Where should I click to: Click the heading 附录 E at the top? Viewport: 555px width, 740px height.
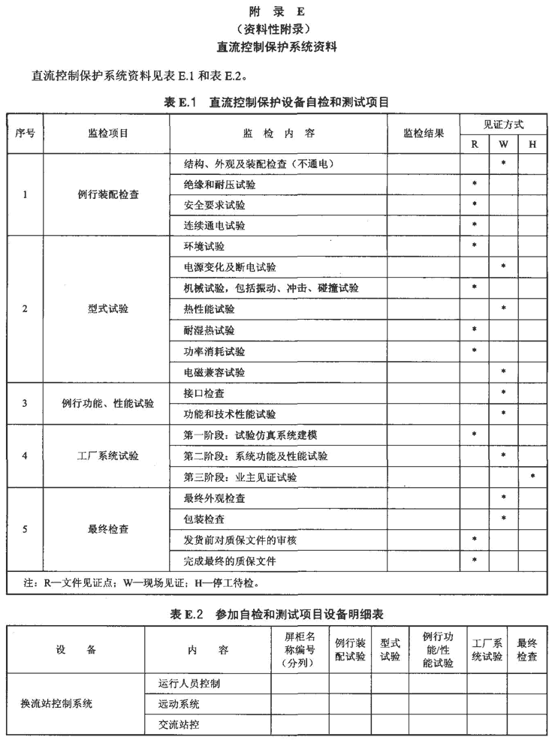pos(277,11)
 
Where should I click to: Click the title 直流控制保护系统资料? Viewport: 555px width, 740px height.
pos(277,47)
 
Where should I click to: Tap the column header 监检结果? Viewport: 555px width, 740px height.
pos(423,133)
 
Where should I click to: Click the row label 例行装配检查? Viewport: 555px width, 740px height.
pos(107,194)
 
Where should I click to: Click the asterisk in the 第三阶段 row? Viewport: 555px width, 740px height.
pos(532,477)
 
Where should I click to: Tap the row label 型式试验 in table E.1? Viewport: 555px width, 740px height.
pos(107,309)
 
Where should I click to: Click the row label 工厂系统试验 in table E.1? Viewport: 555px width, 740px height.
pos(107,456)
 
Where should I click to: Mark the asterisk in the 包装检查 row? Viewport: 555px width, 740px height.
pos(503,519)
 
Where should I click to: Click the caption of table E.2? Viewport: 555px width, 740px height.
pos(277,614)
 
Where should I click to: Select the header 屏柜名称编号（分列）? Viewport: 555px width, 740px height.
pos(299,650)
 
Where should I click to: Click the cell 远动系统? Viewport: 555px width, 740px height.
pos(179,704)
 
